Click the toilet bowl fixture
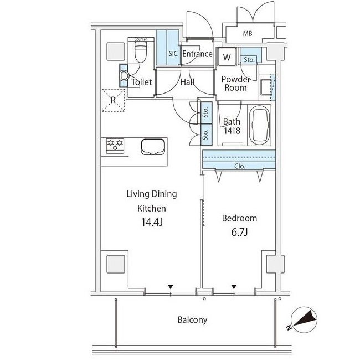(x=141, y=53)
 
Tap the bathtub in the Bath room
(x=259, y=126)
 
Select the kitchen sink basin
(x=153, y=147)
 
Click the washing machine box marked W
(x=227, y=57)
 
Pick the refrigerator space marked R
(x=114, y=100)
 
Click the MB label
(x=248, y=34)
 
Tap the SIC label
(x=173, y=54)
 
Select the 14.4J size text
(x=152, y=222)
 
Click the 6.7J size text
(x=239, y=233)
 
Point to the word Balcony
(x=192, y=320)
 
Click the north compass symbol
(x=303, y=320)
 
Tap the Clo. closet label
(x=240, y=166)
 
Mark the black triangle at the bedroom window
(x=234, y=287)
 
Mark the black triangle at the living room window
(x=171, y=287)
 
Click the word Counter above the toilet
(x=141, y=39)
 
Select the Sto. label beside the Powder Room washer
(x=249, y=60)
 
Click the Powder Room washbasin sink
(x=266, y=87)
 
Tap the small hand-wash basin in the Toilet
(x=124, y=76)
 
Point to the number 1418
(x=232, y=131)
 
